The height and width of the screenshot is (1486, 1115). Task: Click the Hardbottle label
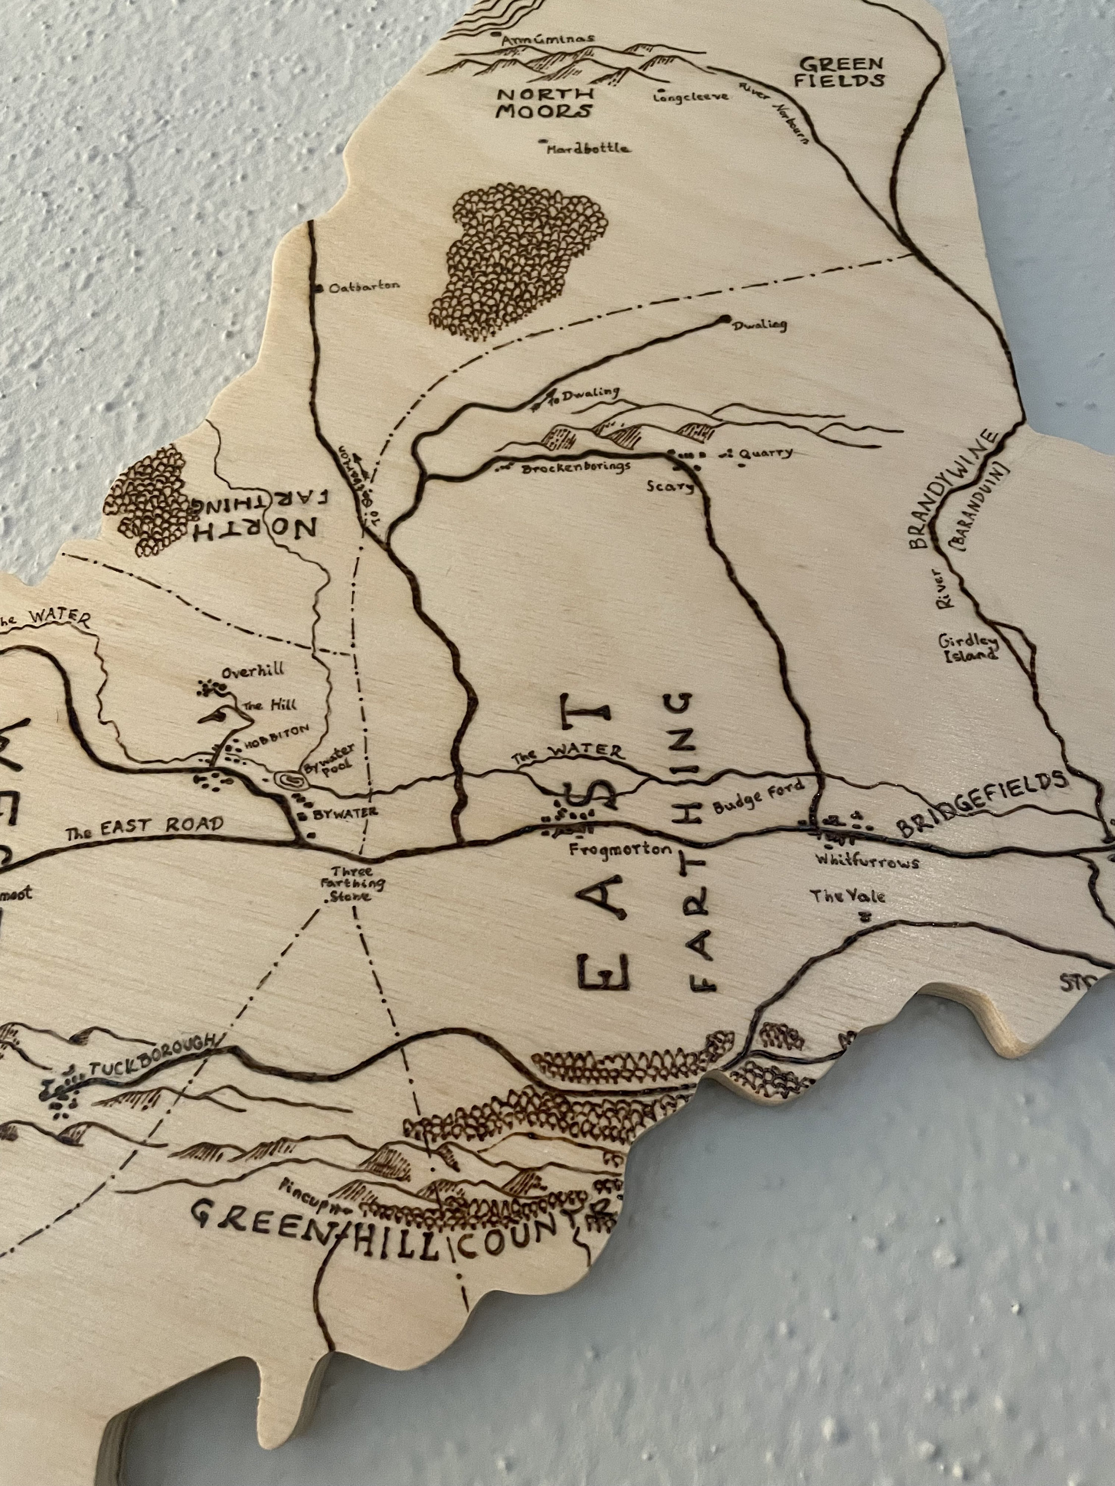589,148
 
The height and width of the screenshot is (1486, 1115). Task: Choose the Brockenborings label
575,466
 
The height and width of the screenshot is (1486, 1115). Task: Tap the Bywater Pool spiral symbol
290,779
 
